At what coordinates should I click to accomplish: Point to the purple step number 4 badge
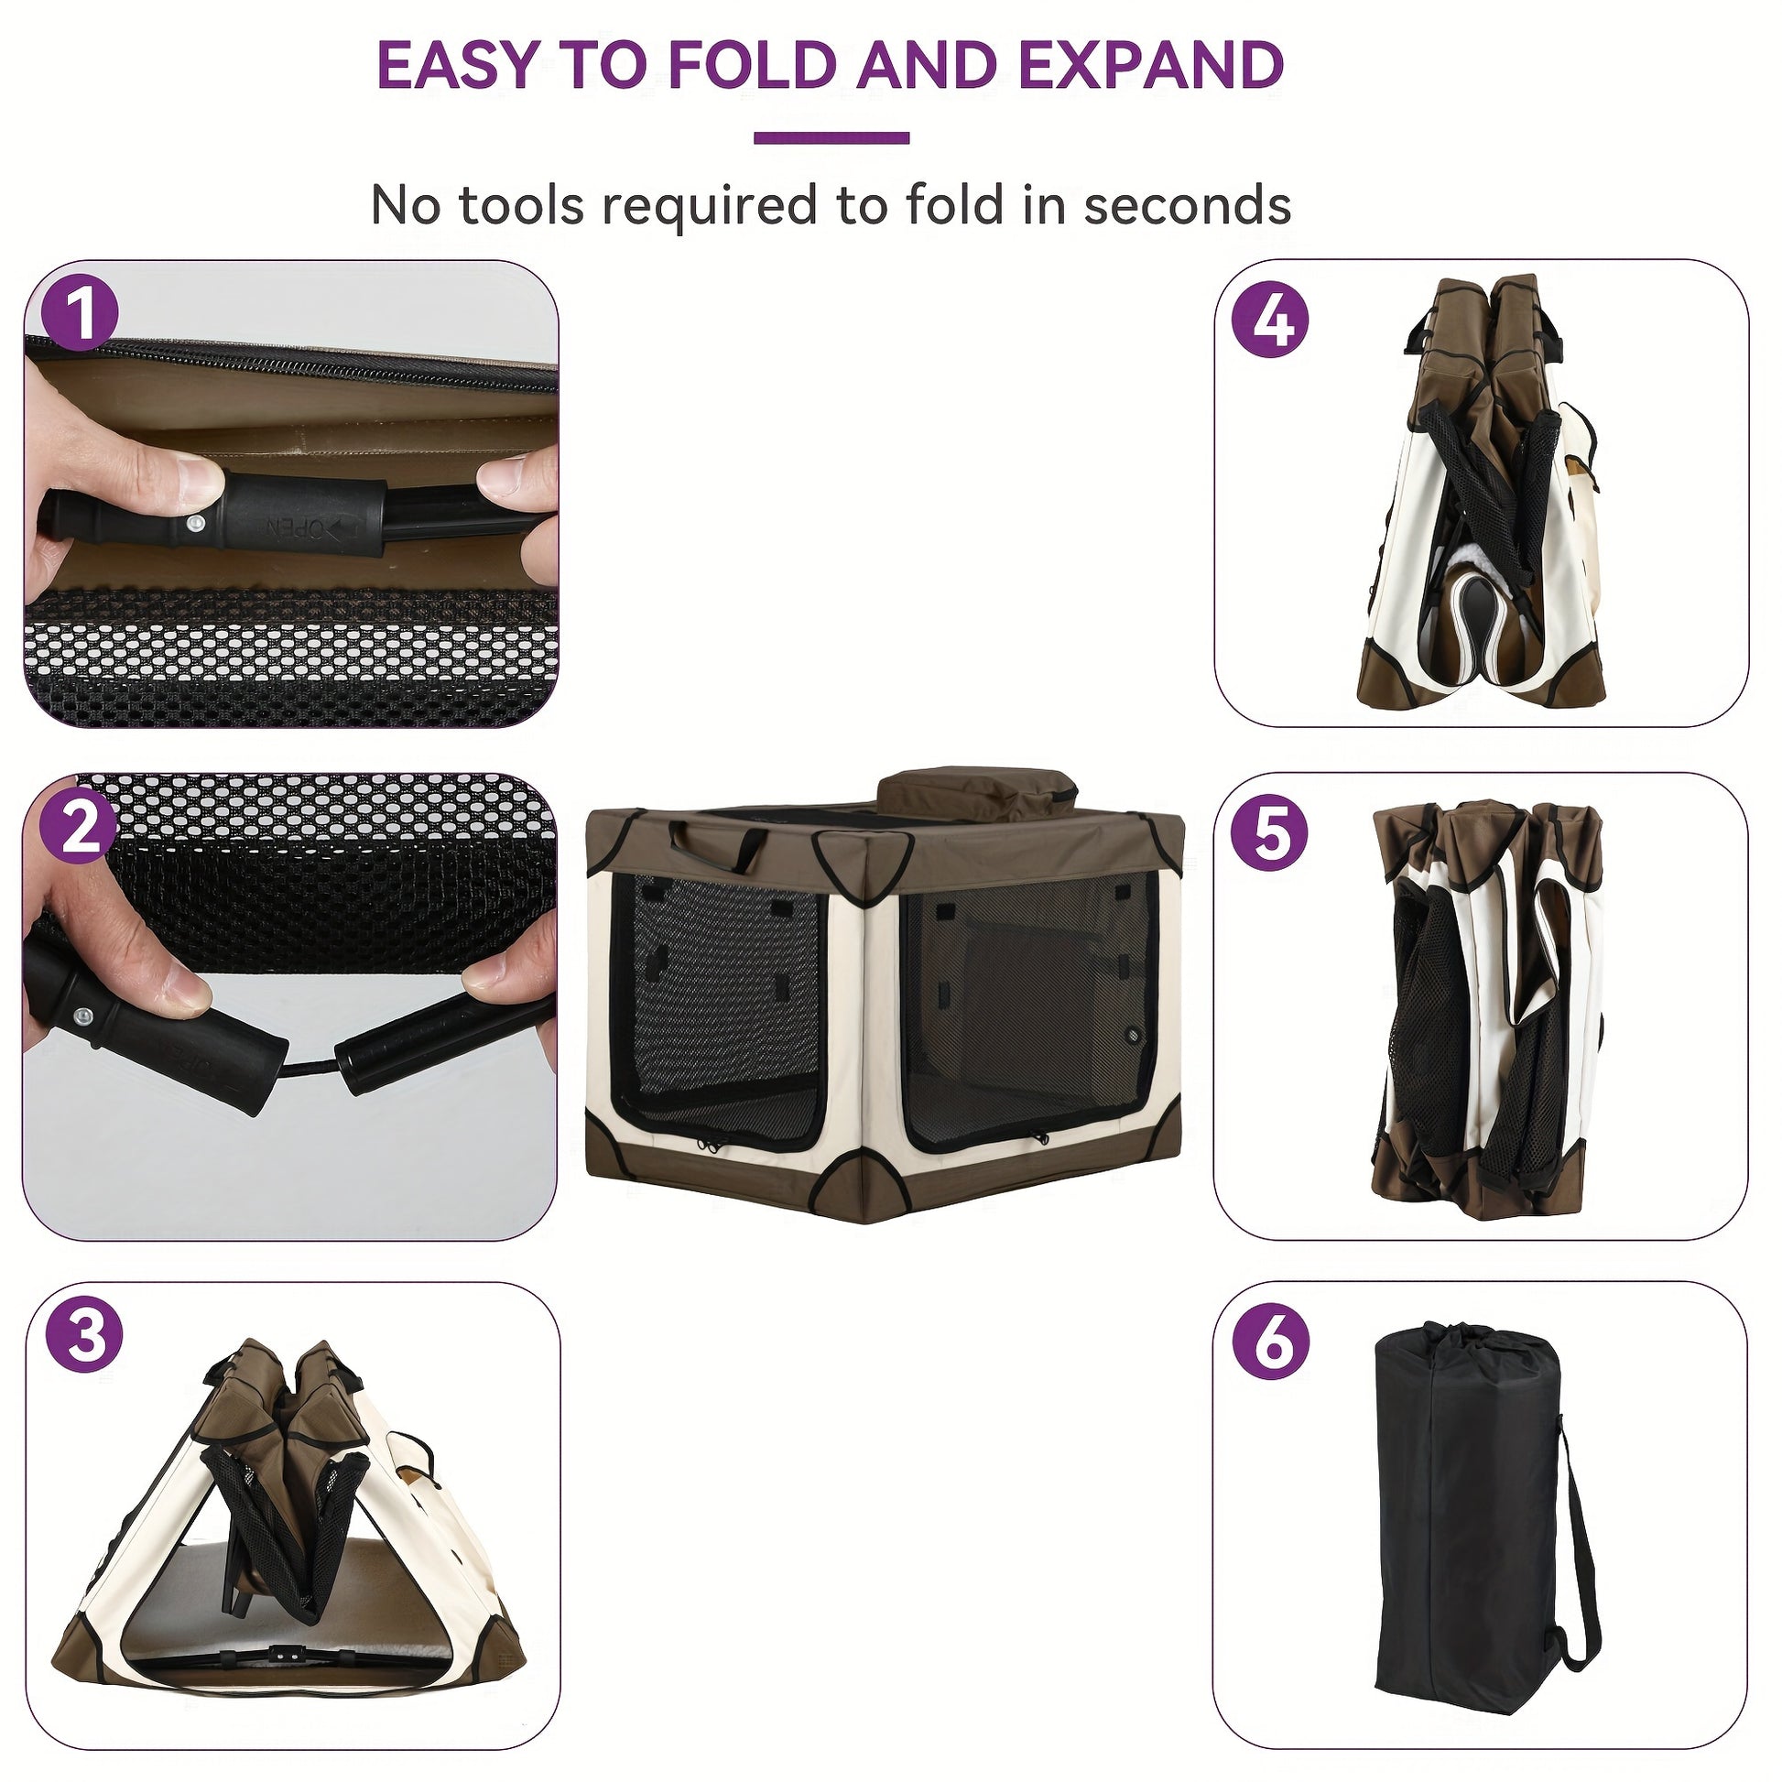click(1271, 321)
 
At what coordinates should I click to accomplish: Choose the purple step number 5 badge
click(1270, 833)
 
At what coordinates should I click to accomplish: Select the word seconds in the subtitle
click(1187, 205)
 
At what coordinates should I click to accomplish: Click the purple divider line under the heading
click(832, 138)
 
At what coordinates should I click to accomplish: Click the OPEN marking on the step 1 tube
click(295, 528)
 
